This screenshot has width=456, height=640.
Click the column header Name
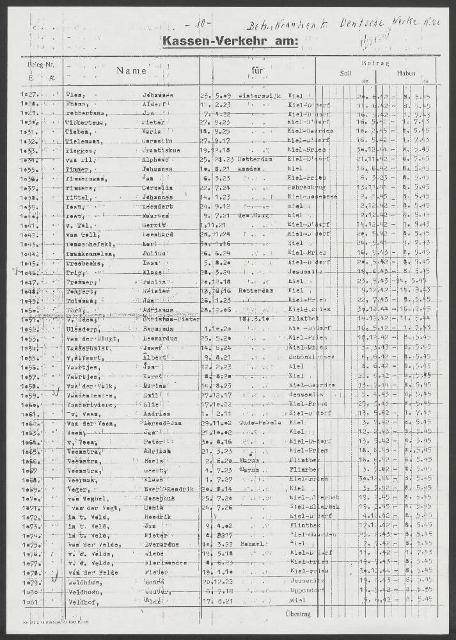pyautogui.click(x=131, y=72)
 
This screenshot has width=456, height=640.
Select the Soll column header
pyautogui.click(x=345, y=74)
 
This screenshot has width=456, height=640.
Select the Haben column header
pyautogui.click(x=405, y=74)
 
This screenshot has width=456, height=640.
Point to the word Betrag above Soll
pyautogui.click(x=372, y=63)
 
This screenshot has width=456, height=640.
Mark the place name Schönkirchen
pyautogui.click(x=308, y=358)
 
